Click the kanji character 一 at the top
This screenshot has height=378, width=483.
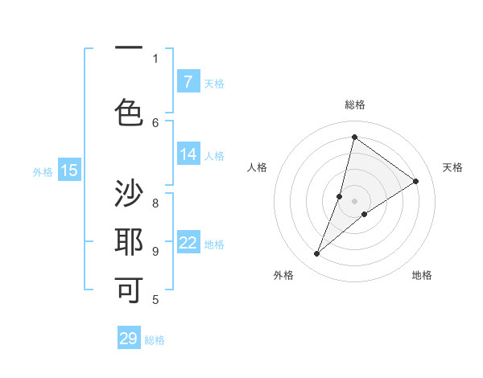point(129,48)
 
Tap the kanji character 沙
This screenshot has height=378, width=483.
point(129,194)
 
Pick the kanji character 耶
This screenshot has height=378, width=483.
point(129,241)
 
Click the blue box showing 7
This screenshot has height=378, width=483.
point(188,82)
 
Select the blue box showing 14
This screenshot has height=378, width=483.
point(188,154)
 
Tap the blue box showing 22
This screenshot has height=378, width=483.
point(188,243)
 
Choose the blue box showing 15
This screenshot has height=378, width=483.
point(68,171)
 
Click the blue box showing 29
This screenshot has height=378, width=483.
point(129,339)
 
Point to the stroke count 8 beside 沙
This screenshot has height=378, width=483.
point(155,203)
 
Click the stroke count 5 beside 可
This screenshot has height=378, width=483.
point(155,300)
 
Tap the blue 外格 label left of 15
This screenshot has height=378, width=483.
point(43,171)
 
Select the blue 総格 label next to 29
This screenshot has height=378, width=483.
point(155,340)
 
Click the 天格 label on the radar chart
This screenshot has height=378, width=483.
point(452,167)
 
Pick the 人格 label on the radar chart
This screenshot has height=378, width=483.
point(257,167)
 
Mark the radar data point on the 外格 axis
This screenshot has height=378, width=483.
point(317,254)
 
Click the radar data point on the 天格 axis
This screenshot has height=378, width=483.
point(416,181)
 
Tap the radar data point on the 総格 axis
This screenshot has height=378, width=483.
point(354,137)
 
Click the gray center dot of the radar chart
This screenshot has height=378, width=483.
point(354,201)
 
